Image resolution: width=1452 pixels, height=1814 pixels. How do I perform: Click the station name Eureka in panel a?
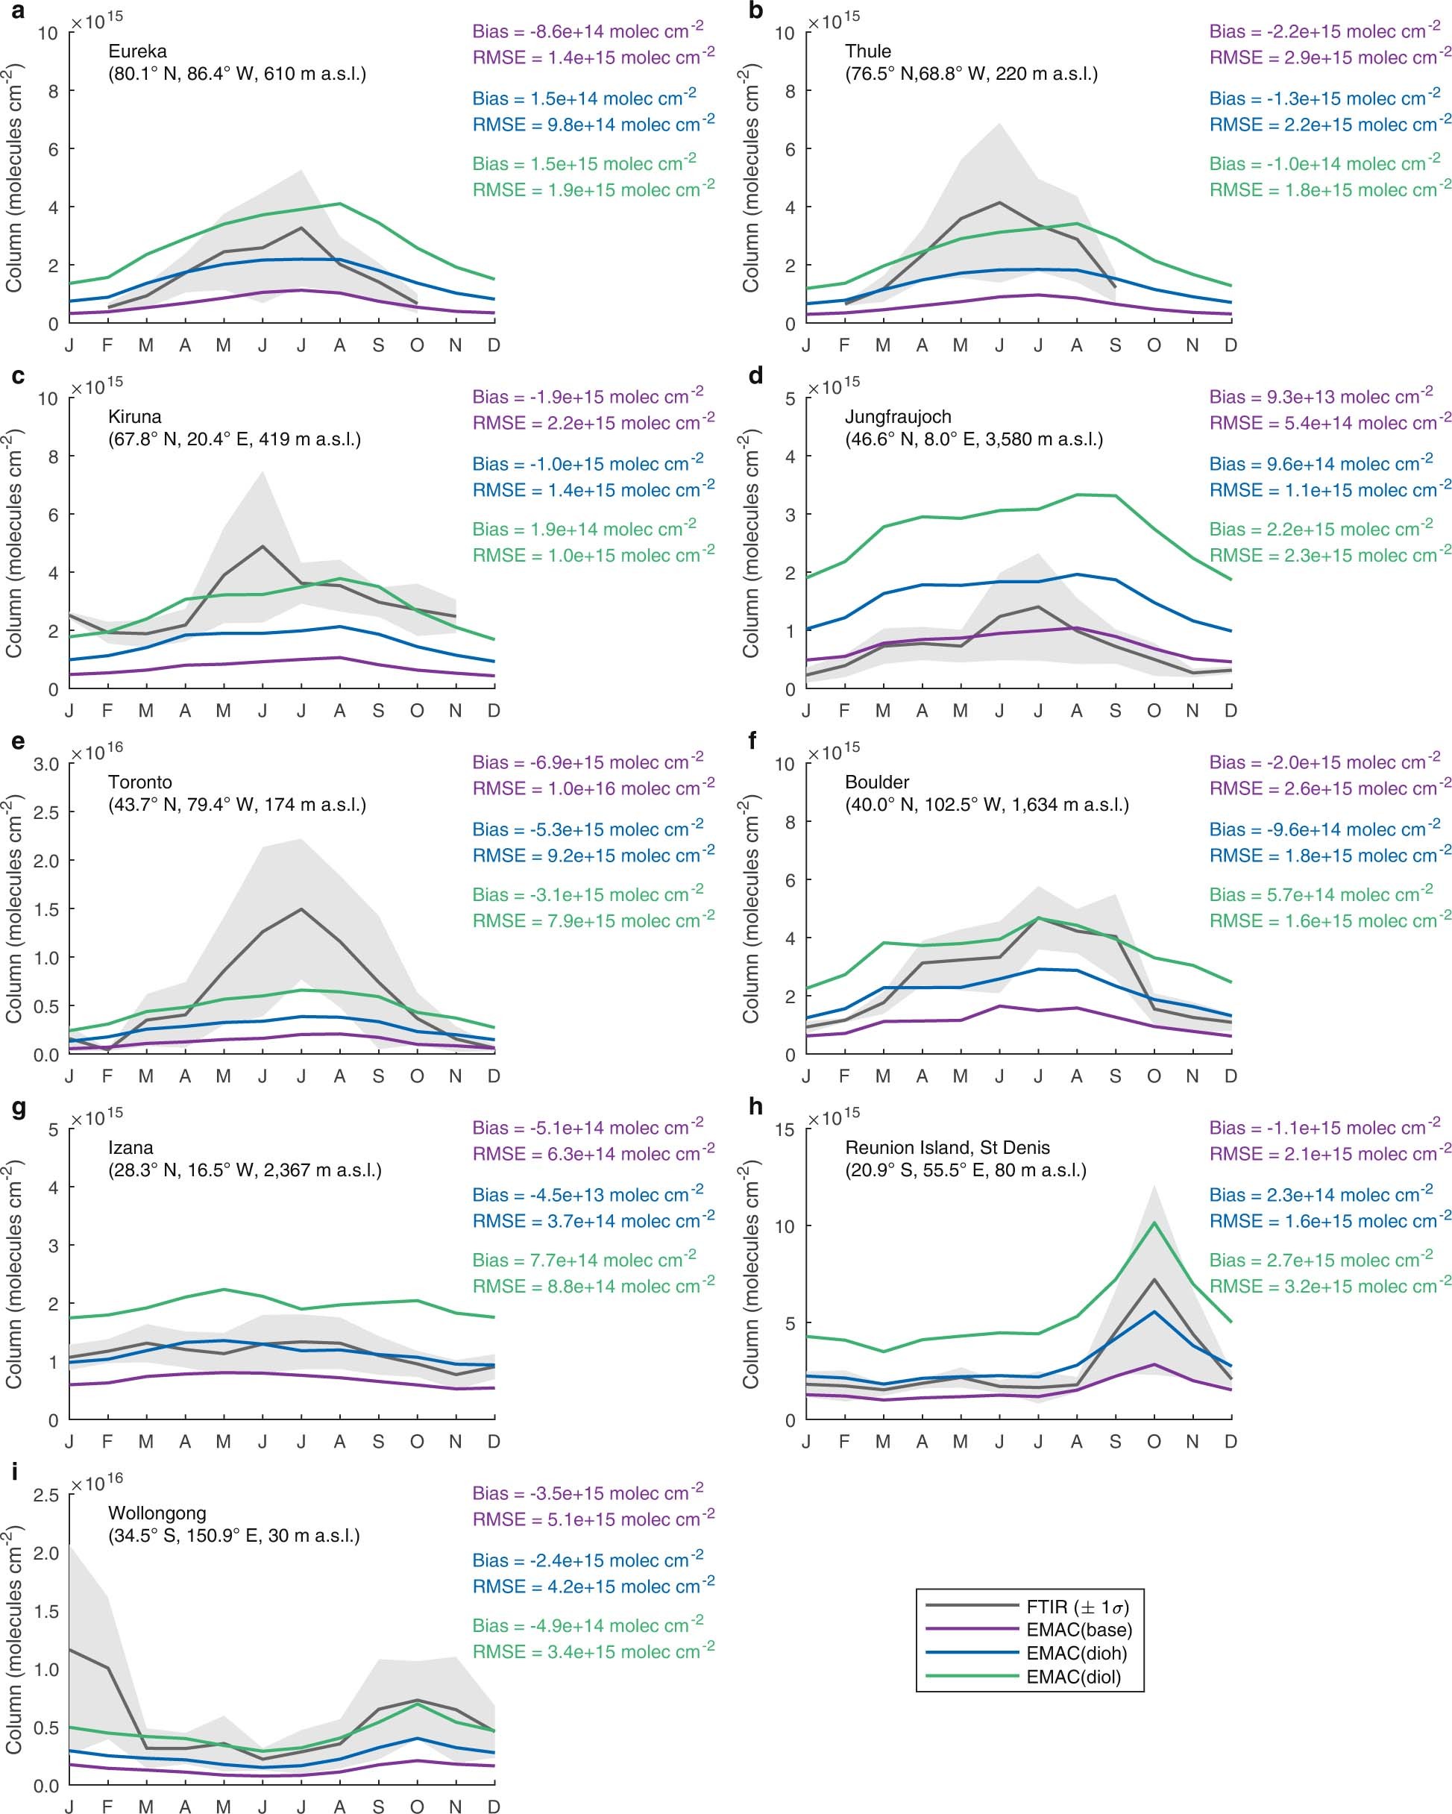tap(137, 51)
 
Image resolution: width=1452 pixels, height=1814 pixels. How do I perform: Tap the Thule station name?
tap(868, 51)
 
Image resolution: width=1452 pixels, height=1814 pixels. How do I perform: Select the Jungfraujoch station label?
tap(899, 416)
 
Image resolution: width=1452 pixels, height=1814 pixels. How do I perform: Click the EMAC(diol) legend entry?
tap(1073, 1677)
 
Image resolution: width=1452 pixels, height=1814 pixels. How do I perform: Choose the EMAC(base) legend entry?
tap(1078, 1630)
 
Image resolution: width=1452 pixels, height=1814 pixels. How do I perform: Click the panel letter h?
tap(755, 1107)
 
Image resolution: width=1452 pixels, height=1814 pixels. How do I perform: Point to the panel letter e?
tap(18, 741)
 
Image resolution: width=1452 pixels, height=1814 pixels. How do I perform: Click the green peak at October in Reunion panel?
tap(1154, 1223)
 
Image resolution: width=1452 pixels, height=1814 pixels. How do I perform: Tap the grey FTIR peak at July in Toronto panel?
tap(301, 909)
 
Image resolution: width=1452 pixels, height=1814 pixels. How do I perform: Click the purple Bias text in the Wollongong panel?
tap(587, 1493)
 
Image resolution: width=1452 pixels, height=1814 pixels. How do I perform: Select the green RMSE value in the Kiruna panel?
tap(593, 555)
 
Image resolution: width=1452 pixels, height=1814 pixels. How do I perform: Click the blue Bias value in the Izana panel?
tap(587, 1195)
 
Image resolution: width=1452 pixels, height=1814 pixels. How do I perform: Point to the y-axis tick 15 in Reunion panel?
tap(784, 1129)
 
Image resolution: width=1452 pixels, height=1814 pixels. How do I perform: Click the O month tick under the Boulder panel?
tap(1154, 1076)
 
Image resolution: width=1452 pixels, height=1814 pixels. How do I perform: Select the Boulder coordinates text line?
tap(987, 804)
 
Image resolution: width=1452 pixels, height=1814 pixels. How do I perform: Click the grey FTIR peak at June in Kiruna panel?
tap(263, 547)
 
